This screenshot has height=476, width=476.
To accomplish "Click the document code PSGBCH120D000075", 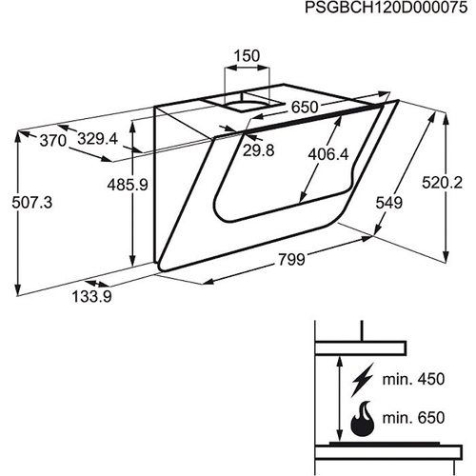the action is click(387, 8).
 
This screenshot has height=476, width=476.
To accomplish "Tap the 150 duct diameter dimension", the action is click(247, 55).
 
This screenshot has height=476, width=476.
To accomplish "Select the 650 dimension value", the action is click(305, 108).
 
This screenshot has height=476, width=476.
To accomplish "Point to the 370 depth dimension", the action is click(53, 141).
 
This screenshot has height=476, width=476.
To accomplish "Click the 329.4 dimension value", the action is click(98, 139).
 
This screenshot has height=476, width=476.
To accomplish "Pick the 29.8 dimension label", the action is click(259, 150).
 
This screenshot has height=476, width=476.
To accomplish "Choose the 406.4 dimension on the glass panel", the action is click(328, 154).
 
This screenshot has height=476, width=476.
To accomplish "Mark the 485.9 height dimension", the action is click(128, 185).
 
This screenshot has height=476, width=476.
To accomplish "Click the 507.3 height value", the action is click(32, 202).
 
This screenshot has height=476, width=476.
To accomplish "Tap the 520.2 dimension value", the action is click(442, 183).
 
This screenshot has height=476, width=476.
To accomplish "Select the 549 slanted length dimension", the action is click(389, 203).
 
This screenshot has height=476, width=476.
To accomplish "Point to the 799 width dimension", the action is click(291, 259).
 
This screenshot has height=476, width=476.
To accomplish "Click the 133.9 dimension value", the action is click(92, 297).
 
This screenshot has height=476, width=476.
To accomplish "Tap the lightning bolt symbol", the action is click(362, 380).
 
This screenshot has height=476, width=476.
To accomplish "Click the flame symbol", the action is click(363, 419).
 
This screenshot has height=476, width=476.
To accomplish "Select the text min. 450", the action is click(413, 379).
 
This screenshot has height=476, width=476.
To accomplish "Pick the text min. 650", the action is click(413, 418).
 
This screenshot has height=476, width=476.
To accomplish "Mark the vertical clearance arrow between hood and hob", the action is click(340, 398).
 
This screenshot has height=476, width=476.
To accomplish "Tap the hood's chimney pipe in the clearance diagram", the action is click(362, 330).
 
